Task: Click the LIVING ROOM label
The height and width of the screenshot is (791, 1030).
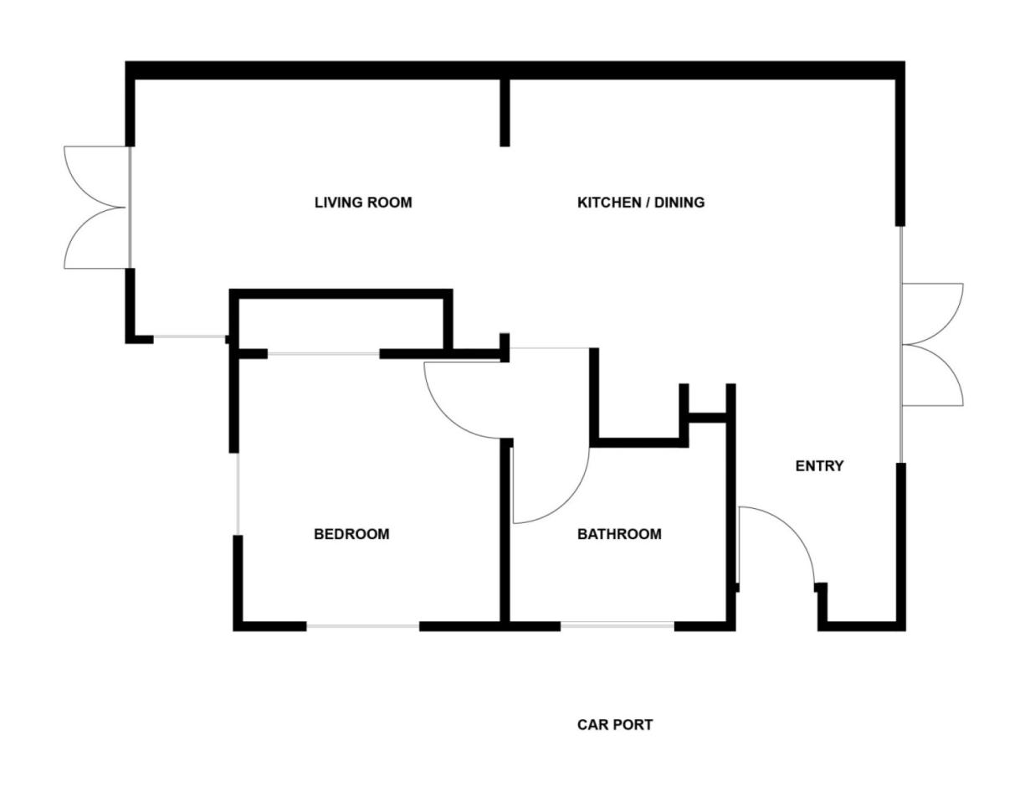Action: click(363, 203)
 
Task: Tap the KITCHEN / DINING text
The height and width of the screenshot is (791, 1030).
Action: click(641, 203)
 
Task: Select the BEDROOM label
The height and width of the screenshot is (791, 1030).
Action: click(351, 534)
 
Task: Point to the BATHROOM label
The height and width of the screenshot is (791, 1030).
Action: click(619, 534)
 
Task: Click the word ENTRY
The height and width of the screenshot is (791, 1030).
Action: click(819, 466)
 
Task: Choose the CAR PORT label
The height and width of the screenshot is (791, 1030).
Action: click(615, 725)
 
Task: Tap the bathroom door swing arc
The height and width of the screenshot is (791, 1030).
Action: click(569, 498)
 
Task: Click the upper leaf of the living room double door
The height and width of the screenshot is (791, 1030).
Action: click(92, 172)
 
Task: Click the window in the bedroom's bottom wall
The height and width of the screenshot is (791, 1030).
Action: click(362, 625)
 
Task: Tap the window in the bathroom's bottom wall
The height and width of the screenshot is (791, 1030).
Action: click(617, 624)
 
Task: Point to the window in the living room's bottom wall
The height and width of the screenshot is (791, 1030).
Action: click(190, 338)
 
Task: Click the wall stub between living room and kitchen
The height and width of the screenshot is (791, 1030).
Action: click(505, 113)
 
